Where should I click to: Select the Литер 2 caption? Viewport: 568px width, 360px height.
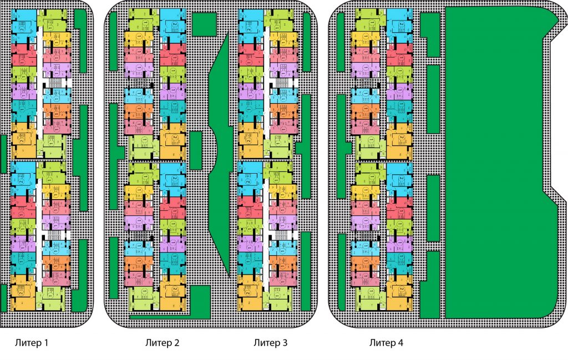(162, 343)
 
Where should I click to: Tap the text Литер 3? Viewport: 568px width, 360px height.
(270, 343)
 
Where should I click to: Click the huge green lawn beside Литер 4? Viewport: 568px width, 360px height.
(494, 166)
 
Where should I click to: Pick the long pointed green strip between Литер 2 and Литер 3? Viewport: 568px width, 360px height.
(221, 155)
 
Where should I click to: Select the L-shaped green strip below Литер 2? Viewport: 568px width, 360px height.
(166, 316)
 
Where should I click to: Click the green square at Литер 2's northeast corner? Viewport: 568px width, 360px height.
(204, 24)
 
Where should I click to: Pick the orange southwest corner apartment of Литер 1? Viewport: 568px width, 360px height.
(22, 291)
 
